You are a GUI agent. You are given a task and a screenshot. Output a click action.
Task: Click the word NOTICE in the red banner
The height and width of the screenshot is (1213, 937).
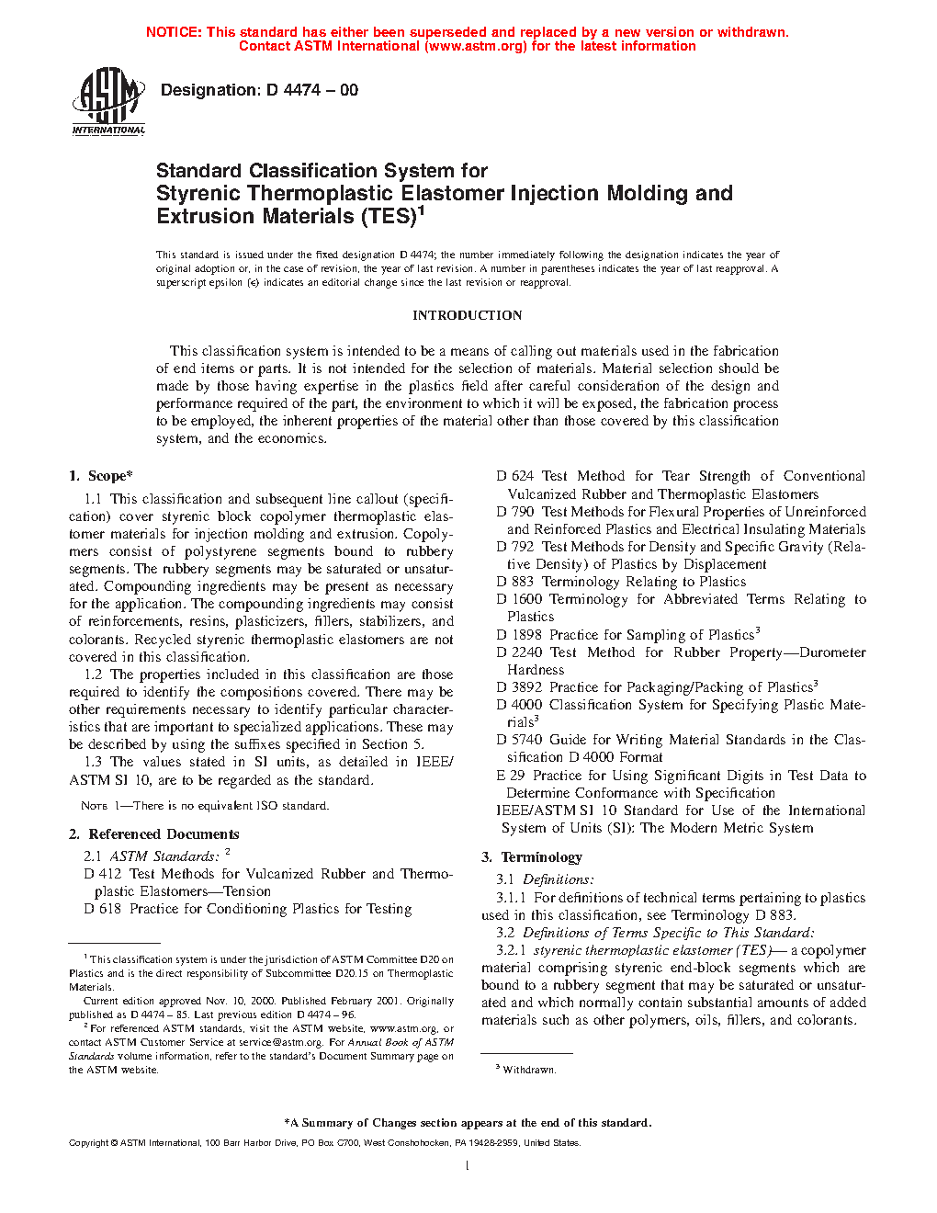[x=173, y=32]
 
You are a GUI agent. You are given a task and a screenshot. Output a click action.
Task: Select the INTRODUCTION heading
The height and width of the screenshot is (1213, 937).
[x=467, y=315]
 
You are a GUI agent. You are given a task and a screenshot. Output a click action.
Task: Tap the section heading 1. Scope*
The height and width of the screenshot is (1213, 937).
[x=101, y=476]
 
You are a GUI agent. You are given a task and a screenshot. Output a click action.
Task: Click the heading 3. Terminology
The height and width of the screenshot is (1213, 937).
[x=532, y=857]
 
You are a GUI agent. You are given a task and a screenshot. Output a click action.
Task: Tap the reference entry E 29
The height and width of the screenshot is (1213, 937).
[x=511, y=776]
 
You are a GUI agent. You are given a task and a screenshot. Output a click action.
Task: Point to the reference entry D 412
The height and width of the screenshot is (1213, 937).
[x=102, y=874]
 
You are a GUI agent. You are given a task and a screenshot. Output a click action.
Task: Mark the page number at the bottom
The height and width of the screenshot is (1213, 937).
[x=468, y=1166]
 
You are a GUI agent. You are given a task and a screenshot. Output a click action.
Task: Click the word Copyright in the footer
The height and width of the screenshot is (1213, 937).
[x=88, y=1143]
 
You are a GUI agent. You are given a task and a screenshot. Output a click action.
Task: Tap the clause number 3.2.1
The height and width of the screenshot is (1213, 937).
[x=511, y=950]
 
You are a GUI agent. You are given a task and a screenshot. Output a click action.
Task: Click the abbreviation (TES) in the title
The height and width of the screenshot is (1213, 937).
[x=387, y=217]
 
